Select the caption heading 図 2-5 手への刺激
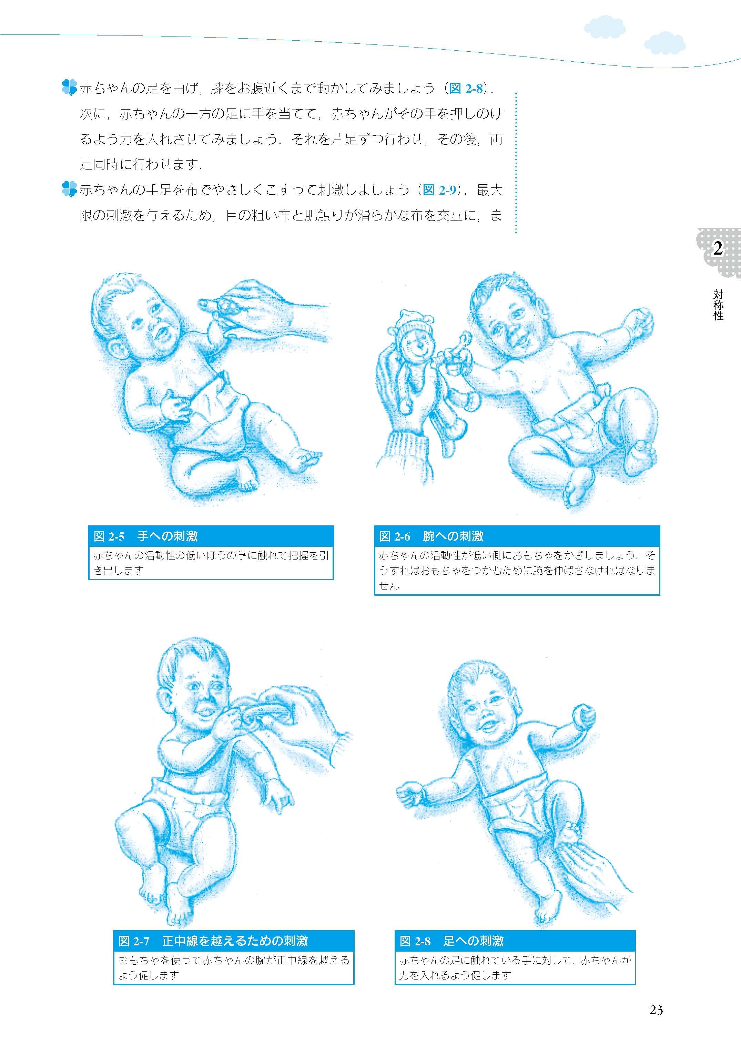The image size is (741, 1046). [x=145, y=536]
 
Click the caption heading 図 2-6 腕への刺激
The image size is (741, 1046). [x=431, y=536]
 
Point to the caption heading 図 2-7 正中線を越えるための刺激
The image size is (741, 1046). [x=213, y=941]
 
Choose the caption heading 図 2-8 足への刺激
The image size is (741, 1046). [x=452, y=941]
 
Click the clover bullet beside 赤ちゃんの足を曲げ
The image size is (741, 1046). [x=69, y=88]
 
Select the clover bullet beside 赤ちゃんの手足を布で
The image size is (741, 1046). [x=69, y=189]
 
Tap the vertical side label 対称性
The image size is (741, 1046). [x=718, y=305]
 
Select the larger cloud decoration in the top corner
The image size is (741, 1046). [x=605, y=27]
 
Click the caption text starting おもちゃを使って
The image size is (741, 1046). [x=234, y=967]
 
